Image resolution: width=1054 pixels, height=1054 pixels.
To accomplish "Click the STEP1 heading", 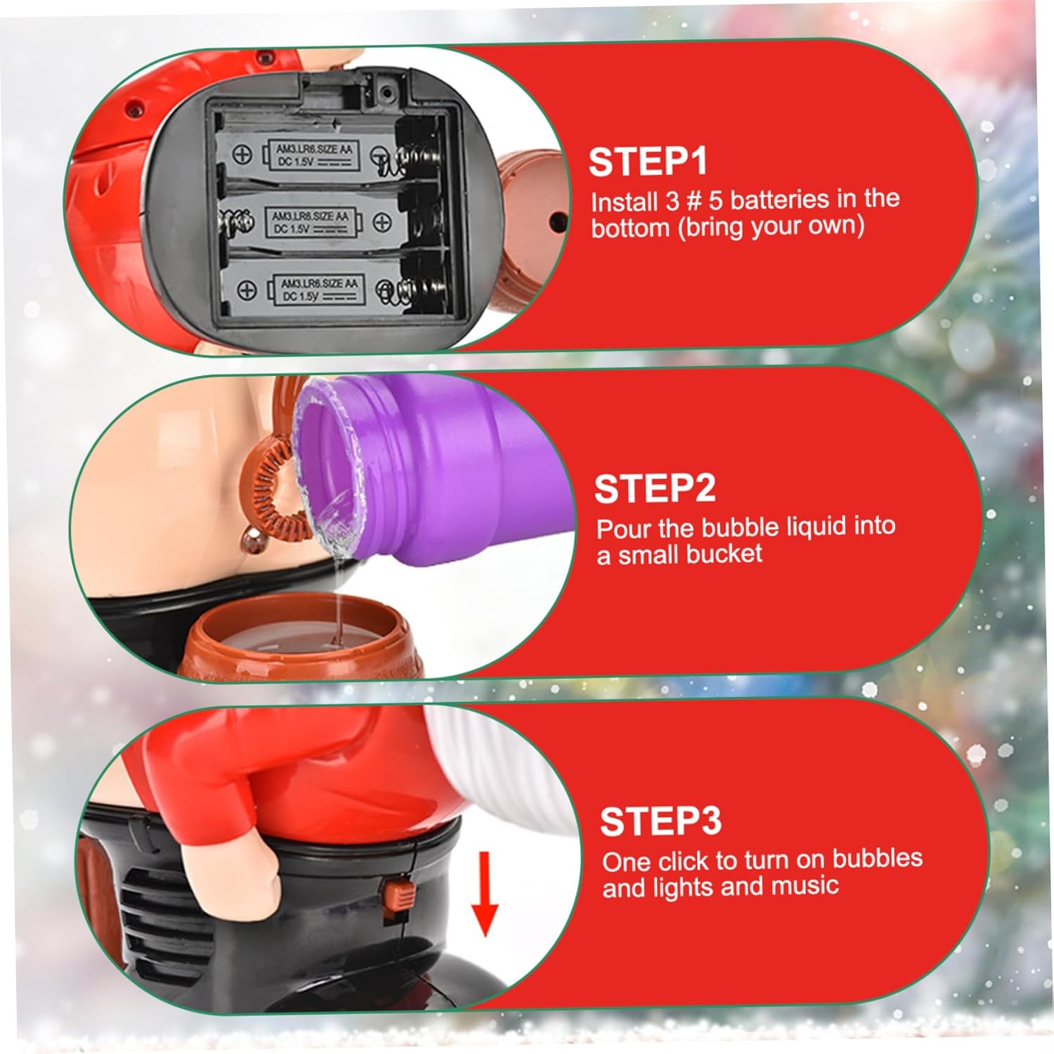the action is click(648, 161).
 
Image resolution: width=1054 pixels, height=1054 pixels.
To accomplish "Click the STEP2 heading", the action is click(655, 488).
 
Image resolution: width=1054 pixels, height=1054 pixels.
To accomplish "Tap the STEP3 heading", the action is click(661, 820).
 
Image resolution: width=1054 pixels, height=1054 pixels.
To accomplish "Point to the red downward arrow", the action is click(485, 894).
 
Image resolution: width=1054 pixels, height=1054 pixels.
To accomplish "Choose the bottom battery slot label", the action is click(318, 289).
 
